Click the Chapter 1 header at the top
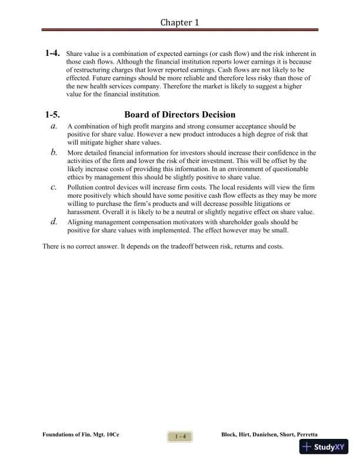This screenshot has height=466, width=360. tap(180, 22)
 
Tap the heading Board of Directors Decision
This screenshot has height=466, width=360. tap(180, 115)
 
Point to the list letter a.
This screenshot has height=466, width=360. tap(54, 126)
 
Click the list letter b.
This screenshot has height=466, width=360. tap(54, 152)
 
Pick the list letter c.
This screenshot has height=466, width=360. tap(54, 187)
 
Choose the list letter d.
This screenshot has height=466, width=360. tap(54, 222)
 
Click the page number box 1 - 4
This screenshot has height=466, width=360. tap(180, 436)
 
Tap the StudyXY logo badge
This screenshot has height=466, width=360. tap(324, 447)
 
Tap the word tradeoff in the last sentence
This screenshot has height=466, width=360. tap(190, 246)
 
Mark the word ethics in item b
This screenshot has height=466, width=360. tap(77, 177)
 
